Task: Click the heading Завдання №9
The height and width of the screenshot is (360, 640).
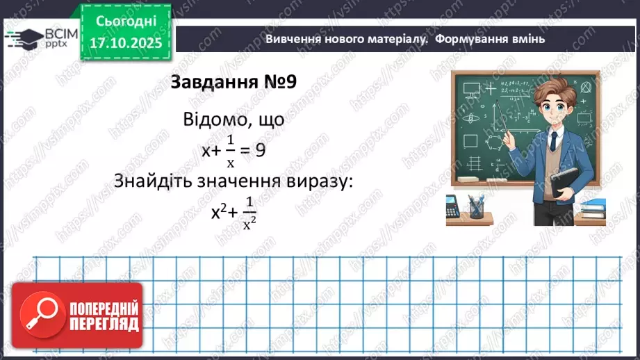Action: click(x=234, y=82)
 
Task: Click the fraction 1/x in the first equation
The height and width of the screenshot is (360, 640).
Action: click(x=231, y=152)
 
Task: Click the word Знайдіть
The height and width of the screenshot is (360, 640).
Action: click(x=154, y=181)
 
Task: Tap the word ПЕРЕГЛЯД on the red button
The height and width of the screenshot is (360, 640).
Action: click(x=104, y=325)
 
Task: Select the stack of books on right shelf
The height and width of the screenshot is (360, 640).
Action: click(x=593, y=206)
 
